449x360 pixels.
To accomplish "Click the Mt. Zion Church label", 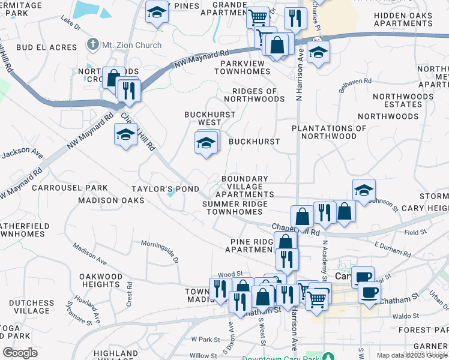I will point(131,45).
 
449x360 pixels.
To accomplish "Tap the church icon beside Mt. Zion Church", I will point(92,44).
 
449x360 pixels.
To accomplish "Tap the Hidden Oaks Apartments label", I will point(411,19).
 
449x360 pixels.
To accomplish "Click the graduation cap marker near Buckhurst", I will point(206,143).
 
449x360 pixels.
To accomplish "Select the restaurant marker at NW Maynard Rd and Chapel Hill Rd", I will point(129,90).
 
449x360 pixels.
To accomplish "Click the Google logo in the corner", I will point(20,352).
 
